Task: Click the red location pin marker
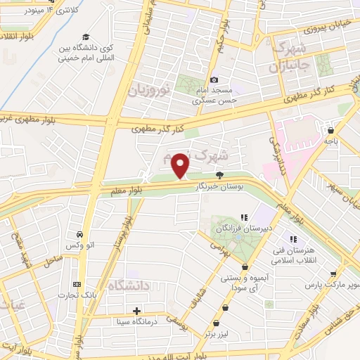click(x=181, y=166)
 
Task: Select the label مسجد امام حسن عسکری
click(x=220, y=96)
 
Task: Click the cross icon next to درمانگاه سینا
click(x=137, y=310)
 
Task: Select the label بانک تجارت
click(x=77, y=295)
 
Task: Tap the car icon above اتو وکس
click(x=80, y=233)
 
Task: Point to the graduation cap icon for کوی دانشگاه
click(x=86, y=37)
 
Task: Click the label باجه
click(x=330, y=141)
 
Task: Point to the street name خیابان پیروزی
click(x=321, y=30)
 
